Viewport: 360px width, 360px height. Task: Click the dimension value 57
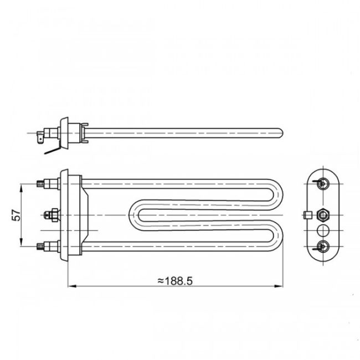[17, 214]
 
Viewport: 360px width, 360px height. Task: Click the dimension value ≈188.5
[175, 281]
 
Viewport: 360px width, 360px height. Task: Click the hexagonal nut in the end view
[322, 214]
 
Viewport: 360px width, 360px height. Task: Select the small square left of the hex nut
[306, 214]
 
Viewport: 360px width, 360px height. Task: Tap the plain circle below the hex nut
[322, 229]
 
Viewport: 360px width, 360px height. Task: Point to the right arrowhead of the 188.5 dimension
[279, 286]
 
